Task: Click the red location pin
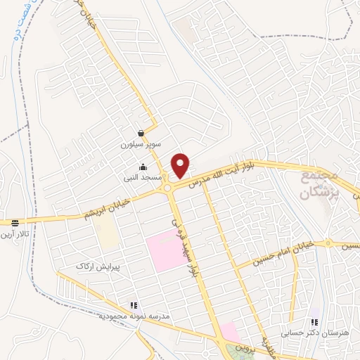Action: [181, 165]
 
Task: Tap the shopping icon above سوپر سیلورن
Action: [141, 133]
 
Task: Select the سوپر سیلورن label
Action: [141, 144]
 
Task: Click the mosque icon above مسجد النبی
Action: [143, 167]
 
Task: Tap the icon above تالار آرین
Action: [15, 223]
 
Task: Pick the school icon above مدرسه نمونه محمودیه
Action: [133, 306]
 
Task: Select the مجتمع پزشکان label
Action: [321, 184]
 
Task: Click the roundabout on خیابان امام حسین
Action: [328, 243]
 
